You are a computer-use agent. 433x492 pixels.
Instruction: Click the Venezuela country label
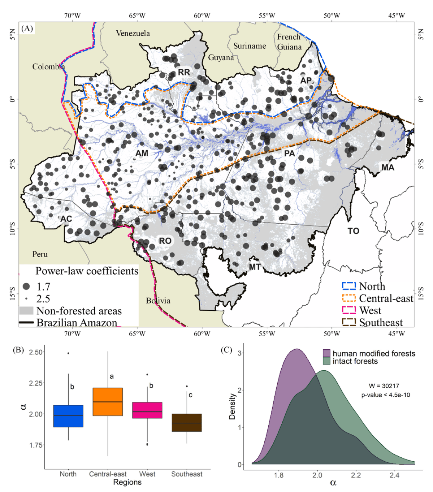pos(133,33)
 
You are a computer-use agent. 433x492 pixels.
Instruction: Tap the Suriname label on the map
pos(250,46)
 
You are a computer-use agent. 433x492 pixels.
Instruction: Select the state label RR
pos(184,72)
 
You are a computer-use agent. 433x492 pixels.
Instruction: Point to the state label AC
pos(66,219)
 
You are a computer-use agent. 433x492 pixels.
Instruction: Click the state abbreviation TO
pos(353,231)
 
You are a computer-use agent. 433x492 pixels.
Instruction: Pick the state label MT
pos(255,267)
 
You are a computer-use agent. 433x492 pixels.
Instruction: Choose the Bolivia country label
pos(158,301)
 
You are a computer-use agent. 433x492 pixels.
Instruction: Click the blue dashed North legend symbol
pos(349,286)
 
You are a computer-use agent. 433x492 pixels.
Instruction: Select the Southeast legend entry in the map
pos(381,323)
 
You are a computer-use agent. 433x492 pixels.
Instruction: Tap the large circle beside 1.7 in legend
pos(26,287)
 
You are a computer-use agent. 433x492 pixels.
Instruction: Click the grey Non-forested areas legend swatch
pos(26,311)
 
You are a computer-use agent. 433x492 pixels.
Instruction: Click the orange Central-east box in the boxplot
pos(108,402)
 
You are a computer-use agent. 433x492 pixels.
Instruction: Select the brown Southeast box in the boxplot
pos(187,423)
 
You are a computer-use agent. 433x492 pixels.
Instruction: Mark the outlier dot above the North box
pos(68,353)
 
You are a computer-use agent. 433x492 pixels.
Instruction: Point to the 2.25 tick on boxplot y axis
pos(36,383)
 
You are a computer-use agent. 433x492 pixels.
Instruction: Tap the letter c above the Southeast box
pos(190,395)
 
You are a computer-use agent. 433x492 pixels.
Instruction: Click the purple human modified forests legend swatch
pos(326,353)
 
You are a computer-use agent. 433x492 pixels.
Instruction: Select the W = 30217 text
pos(384,386)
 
